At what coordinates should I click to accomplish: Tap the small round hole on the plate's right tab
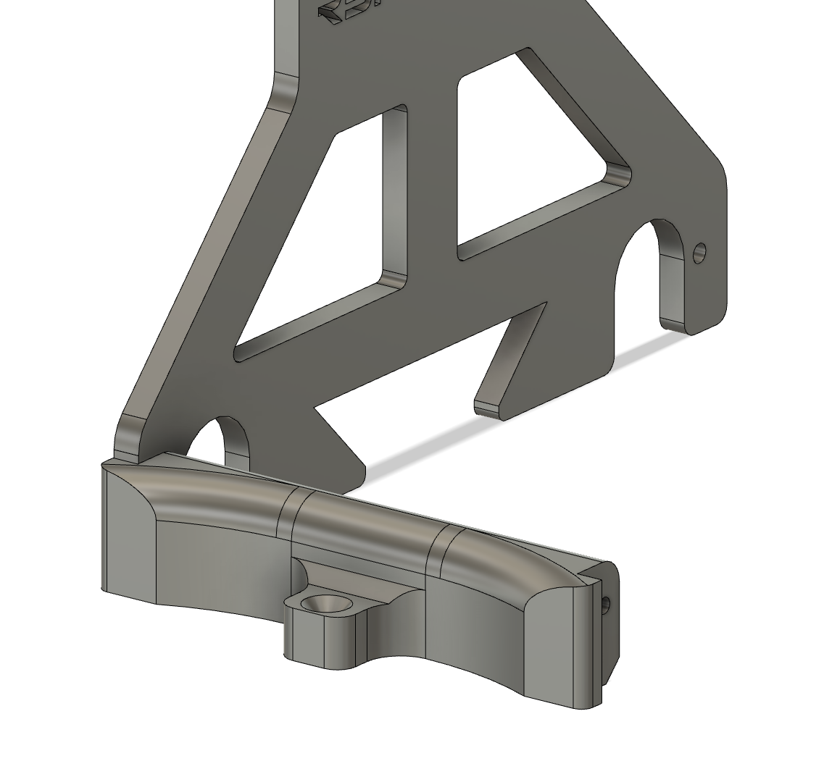pyautogui.click(x=699, y=253)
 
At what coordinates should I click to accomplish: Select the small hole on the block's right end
pyautogui.click(x=606, y=604)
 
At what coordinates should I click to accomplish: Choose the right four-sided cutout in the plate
pyautogui.click(x=529, y=159)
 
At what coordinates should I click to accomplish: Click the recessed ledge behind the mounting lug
pyautogui.click(x=362, y=572)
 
